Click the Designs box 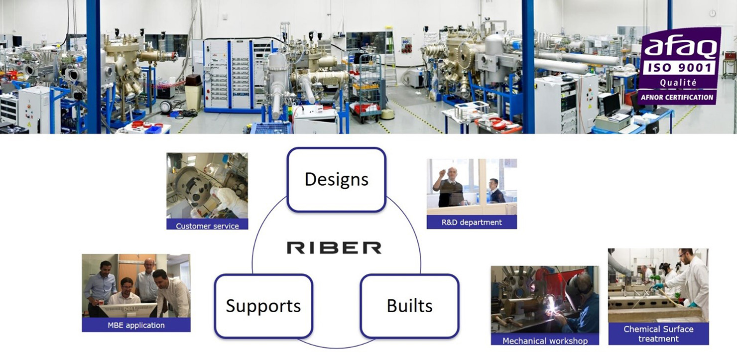tap(336, 179)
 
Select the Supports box tap(263, 306)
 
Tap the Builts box tap(410, 306)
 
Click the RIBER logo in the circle tap(334, 248)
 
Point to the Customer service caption tap(207, 226)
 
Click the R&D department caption tap(472, 222)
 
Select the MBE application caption tap(136, 325)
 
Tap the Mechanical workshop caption tap(545, 341)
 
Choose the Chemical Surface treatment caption tap(658, 334)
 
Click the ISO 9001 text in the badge tap(679, 68)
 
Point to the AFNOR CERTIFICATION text tap(677, 98)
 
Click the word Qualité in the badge tap(678, 82)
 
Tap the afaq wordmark tap(680, 47)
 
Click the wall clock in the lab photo tap(712, 13)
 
